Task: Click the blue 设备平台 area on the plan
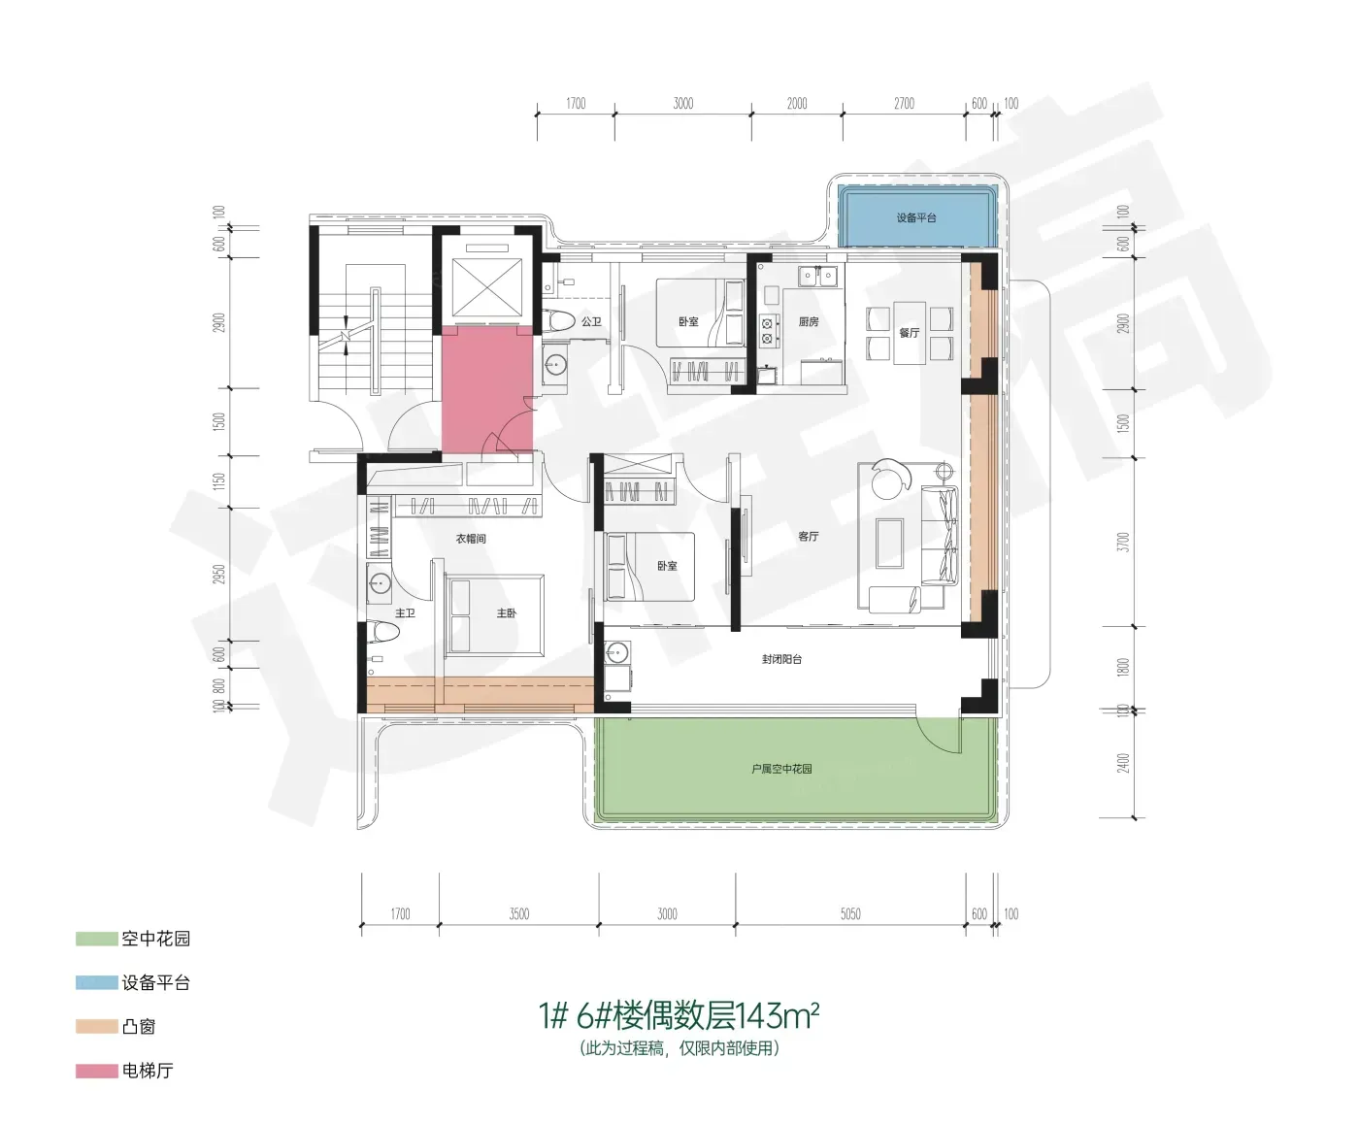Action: pos(917,216)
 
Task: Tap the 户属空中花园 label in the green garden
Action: pos(781,769)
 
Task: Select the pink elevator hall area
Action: pos(487,389)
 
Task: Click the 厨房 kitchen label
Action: pos(809,321)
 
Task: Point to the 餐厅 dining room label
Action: pos(910,333)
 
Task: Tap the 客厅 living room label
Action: pos(809,537)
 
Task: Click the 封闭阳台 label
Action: pos(781,659)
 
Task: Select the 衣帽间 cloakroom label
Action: pos(471,539)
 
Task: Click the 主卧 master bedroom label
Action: pos(507,613)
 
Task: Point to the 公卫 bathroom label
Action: pos(591,321)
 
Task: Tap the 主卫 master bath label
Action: pos(405,613)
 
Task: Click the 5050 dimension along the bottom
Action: pos(850,913)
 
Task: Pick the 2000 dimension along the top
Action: pos(797,104)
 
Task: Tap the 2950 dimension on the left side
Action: pos(219,574)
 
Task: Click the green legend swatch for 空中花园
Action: pos(96,939)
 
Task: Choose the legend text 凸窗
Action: pos(139,1026)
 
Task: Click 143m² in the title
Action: pos(779,1015)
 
